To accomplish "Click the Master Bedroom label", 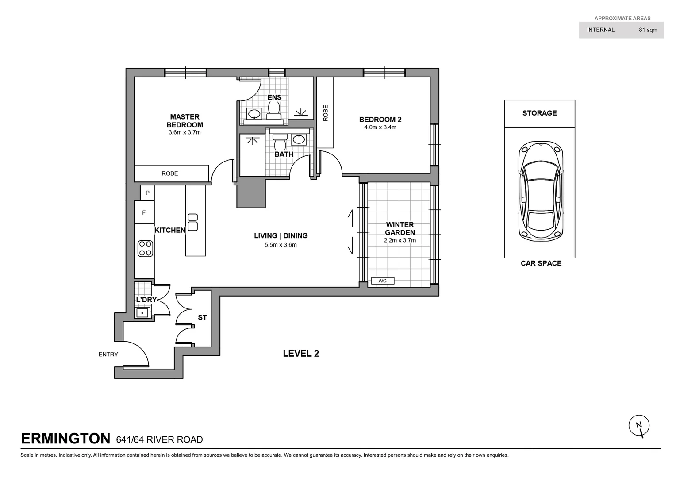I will click(184, 120).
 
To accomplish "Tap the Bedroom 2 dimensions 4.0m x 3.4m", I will click(380, 127).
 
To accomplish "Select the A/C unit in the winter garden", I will click(382, 281).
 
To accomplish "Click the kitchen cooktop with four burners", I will click(145, 248).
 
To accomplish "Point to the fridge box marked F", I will click(144, 213).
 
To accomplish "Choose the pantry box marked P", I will click(147, 193).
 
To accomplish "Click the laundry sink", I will click(142, 313).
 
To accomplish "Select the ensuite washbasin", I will click(254, 114).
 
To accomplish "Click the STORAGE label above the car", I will click(539, 113).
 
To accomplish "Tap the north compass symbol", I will click(639, 426).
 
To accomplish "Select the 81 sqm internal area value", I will click(648, 30).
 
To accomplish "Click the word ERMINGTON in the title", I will click(65, 439).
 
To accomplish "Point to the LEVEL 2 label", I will click(301, 353).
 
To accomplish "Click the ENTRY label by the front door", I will click(108, 354).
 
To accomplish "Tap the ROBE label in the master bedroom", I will click(169, 173).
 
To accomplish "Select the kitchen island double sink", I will click(193, 222).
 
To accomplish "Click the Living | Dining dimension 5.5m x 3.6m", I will click(280, 245).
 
